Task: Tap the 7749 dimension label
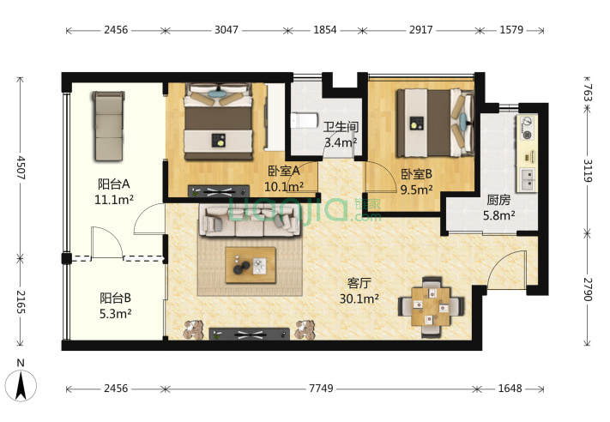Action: point(321,389)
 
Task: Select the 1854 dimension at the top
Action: point(325,30)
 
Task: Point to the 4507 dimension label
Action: point(21,167)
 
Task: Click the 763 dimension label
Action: point(588,93)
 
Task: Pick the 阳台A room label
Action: point(113,184)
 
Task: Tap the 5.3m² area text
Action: point(115,313)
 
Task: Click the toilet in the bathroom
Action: point(304,121)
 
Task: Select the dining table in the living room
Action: point(431,307)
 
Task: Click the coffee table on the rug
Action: point(251,265)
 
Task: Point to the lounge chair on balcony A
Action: point(109,126)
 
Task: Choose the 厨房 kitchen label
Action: point(498,200)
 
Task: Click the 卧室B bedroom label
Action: point(417,174)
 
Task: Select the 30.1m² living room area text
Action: point(359,298)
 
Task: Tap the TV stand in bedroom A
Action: point(219,191)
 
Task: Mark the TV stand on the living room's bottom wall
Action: point(250,335)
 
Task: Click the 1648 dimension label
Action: point(510,389)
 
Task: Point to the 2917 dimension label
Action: point(420,30)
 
